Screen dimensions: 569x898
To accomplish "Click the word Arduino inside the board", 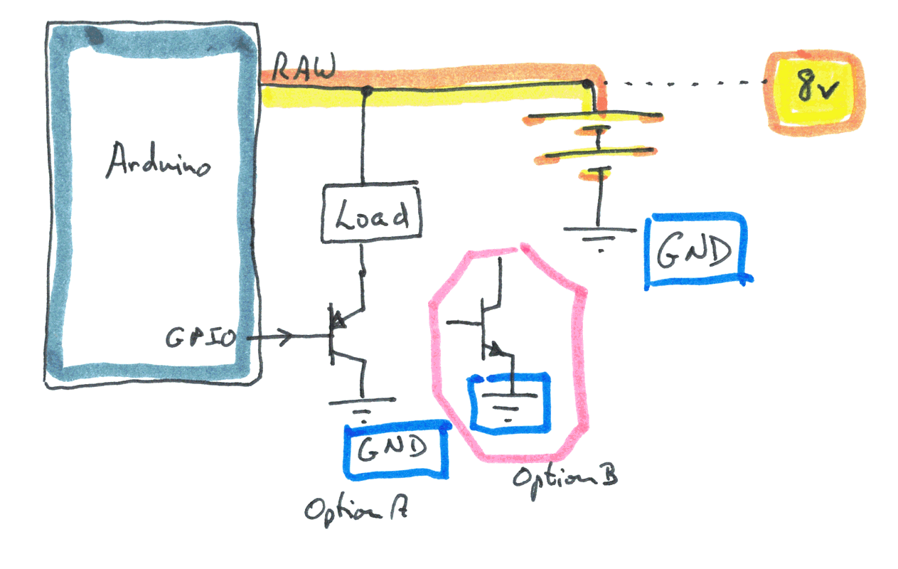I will tap(158, 162).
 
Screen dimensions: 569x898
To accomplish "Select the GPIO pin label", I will tap(201, 338).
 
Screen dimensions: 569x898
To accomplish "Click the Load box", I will tap(372, 213).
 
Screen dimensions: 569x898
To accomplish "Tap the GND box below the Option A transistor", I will tap(396, 450).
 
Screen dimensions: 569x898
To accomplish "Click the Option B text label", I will tap(564, 477).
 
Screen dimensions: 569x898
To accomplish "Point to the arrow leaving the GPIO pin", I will tap(274, 337).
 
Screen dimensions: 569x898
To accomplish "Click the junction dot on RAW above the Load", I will tap(367, 90).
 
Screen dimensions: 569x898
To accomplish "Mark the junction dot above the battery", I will tap(587, 85).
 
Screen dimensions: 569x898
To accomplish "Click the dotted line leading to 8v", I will tap(683, 83).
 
